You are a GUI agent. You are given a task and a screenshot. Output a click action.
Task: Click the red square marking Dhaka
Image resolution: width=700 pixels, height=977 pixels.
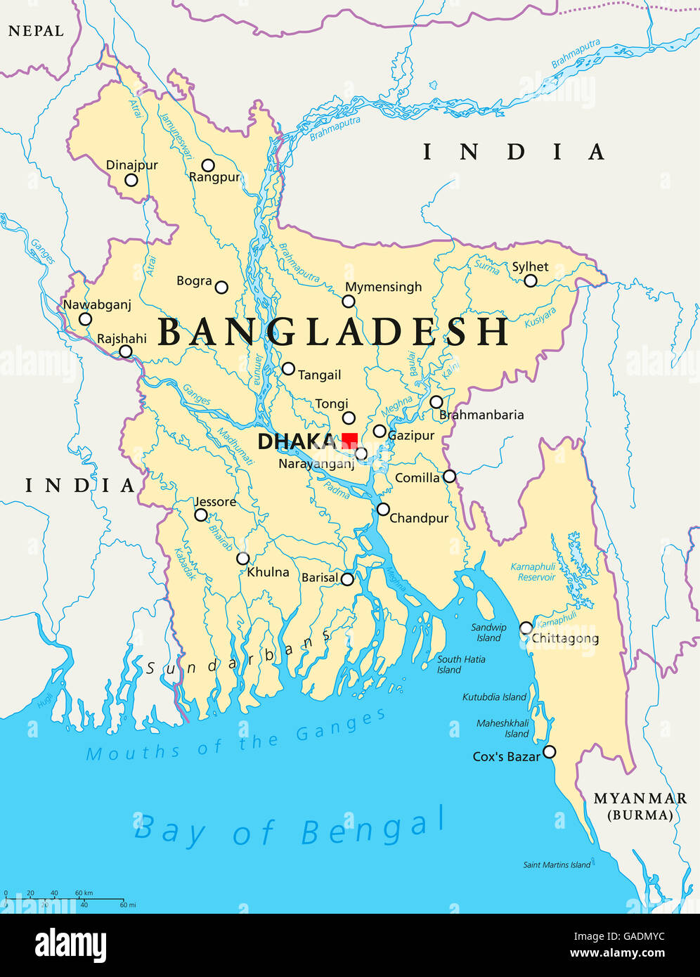[x=349, y=440]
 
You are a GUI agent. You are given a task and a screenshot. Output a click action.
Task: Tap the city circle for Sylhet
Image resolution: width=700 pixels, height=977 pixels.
[x=531, y=281]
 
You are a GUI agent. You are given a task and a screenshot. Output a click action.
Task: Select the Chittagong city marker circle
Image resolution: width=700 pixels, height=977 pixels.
[x=526, y=628]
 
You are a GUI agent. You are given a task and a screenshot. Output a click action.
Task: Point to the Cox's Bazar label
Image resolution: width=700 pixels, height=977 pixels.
[x=506, y=757]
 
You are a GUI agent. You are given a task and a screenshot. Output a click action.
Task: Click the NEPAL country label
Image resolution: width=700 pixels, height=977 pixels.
[x=36, y=32]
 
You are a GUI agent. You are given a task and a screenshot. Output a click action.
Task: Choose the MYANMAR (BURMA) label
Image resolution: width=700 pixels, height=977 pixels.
[x=640, y=806]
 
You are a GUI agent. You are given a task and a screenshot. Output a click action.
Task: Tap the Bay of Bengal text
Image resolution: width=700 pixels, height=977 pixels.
[x=290, y=827]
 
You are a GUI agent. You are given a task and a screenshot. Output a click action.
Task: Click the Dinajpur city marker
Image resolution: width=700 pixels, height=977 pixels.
[x=131, y=180]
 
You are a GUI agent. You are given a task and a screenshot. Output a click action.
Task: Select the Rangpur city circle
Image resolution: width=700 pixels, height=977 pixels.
[x=208, y=166]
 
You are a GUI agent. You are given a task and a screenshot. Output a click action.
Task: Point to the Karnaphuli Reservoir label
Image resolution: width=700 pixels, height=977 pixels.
[x=533, y=572]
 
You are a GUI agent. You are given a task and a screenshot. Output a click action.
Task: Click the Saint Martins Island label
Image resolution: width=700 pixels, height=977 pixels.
[x=557, y=865]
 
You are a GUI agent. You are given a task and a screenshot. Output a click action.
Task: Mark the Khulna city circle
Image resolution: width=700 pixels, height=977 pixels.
[x=242, y=559]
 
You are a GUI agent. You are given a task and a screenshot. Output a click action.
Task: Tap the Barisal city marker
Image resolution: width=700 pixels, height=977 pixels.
[x=347, y=579]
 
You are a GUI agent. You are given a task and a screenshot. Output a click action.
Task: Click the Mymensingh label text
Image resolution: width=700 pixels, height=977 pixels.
[x=384, y=287]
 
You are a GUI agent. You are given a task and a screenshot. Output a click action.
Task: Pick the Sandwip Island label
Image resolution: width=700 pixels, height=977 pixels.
[x=488, y=633]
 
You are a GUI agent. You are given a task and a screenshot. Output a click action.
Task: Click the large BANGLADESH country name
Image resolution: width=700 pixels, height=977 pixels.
[x=334, y=332]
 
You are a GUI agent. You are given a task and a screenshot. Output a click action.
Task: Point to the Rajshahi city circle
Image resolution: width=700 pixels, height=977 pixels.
[x=125, y=351]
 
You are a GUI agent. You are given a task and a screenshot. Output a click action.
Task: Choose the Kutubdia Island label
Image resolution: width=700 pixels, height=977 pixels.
[x=494, y=697]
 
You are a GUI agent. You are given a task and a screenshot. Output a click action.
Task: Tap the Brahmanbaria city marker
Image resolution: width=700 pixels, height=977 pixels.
[x=436, y=402]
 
